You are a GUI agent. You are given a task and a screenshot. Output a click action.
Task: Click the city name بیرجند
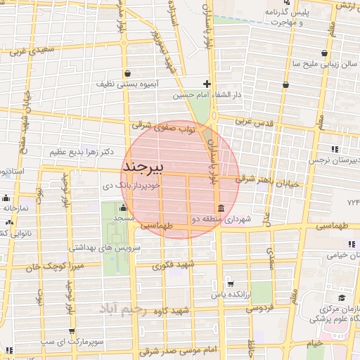point(143,167)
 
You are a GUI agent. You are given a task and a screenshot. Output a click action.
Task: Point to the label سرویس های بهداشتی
point(105,248)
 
